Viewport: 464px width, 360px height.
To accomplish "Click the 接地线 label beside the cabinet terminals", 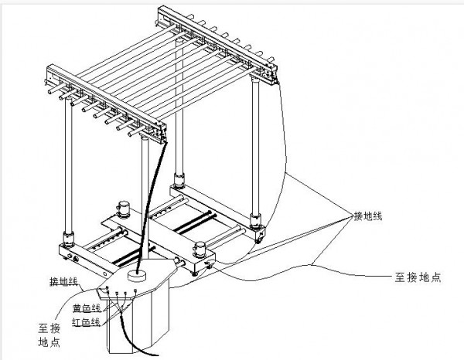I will [x=63, y=282].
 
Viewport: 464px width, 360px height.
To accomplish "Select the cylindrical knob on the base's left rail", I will [x=123, y=209].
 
